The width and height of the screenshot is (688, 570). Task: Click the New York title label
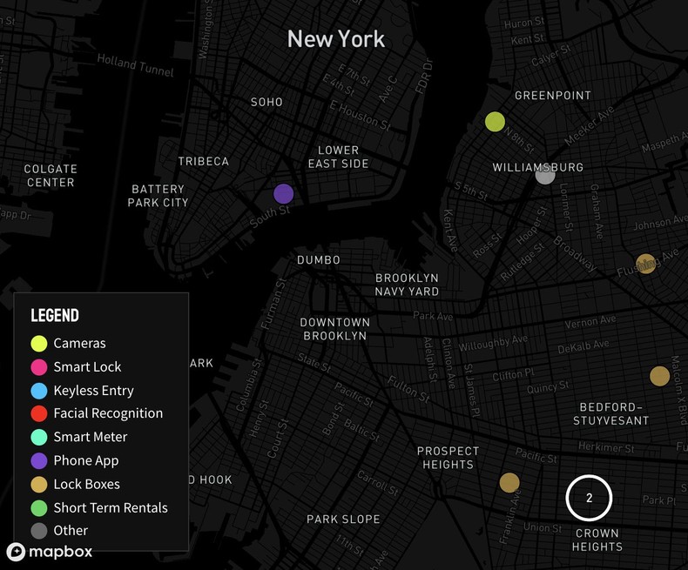335,39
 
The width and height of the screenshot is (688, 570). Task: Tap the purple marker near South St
284,194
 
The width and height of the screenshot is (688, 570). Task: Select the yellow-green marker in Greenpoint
495,122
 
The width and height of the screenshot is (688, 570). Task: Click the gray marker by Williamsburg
545,175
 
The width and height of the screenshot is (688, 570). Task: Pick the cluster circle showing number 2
589,499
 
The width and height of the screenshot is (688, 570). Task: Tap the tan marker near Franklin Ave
509,482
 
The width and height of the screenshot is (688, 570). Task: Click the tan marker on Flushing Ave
645,264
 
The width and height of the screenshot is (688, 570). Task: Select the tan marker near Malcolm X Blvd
659,376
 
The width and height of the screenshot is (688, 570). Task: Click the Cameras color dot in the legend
39,344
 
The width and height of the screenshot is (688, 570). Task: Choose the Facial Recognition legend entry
108,413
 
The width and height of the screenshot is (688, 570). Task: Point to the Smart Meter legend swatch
39,437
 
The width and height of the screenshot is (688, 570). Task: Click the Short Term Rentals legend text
111,507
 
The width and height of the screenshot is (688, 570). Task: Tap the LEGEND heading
55,315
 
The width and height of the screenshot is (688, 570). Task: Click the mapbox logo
50,552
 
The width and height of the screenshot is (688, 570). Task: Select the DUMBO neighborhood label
319,260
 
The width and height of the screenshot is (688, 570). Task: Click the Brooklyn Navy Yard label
407,285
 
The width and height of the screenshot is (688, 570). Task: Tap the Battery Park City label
159,196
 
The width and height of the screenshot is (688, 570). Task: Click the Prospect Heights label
448,458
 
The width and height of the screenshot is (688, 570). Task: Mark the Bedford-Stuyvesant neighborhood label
610,414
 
